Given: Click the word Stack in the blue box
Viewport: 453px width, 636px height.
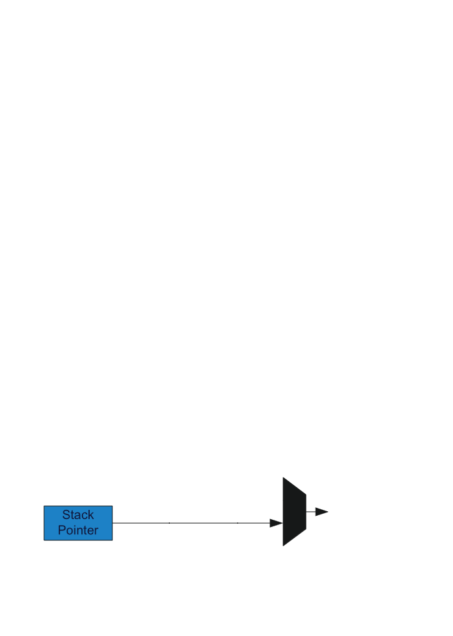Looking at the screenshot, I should pyautogui.click(x=78, y=514).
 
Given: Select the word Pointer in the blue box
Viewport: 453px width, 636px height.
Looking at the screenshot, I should pyautogui.click(x=78, y=530).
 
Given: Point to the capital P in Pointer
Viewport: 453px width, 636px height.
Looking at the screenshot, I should pyautogui.click(x=61, y=530).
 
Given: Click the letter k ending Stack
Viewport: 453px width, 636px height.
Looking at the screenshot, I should pyautogui.click(x=90, y=514).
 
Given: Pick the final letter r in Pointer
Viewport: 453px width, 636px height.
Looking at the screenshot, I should pyautogui.click(x=96, y=530).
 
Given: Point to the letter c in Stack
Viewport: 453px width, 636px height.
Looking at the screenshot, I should pyautogui.click(x=85, y=514).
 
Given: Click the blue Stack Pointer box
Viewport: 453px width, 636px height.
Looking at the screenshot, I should pyautogui.click(x=78, y=522).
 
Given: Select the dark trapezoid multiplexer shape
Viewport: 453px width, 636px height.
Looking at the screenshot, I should pyautogui.click(x=294, y=512).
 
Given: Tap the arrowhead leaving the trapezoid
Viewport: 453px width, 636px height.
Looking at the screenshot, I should pyautogui.click(x=322, y=512).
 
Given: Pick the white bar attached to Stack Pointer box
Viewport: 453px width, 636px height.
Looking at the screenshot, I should pyautogui.click(x=140, y=523).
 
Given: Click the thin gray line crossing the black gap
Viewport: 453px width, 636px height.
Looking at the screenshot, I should pyautogui.click(x=203, y=523).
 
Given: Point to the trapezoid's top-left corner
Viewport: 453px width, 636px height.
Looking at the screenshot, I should pyautogui.click(x=284, y=478).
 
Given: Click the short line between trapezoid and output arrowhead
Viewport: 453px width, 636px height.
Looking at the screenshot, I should pyautogui.click(x=310, y=512).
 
